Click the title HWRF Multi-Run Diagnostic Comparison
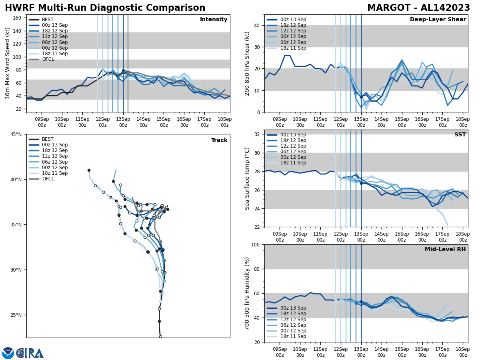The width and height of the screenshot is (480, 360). [x=105, y=8]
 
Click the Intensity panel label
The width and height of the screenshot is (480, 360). [x=214, y=20]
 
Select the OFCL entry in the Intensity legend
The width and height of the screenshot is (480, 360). [x=48, y=59]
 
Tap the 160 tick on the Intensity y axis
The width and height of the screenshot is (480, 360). [x=18, y=18]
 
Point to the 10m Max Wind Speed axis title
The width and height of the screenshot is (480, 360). [x=7, y=63]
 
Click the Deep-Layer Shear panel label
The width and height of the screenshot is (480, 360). [x=438, y=20]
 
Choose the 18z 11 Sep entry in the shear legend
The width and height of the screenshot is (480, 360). [x=293, y=48]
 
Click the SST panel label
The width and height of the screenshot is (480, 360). [x=460, y=135]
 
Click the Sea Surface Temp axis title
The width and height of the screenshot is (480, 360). [x=247, y=178]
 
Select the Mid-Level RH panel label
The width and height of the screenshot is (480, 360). [x=445, y=250]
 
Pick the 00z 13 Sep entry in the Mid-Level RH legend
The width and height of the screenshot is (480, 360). [x=293, y=308]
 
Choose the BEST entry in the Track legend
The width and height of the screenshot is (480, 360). [x=48, y=139]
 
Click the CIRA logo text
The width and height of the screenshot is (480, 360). [x=30, y=353]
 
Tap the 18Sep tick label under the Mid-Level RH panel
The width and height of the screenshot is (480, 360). [x=463, y=352]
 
